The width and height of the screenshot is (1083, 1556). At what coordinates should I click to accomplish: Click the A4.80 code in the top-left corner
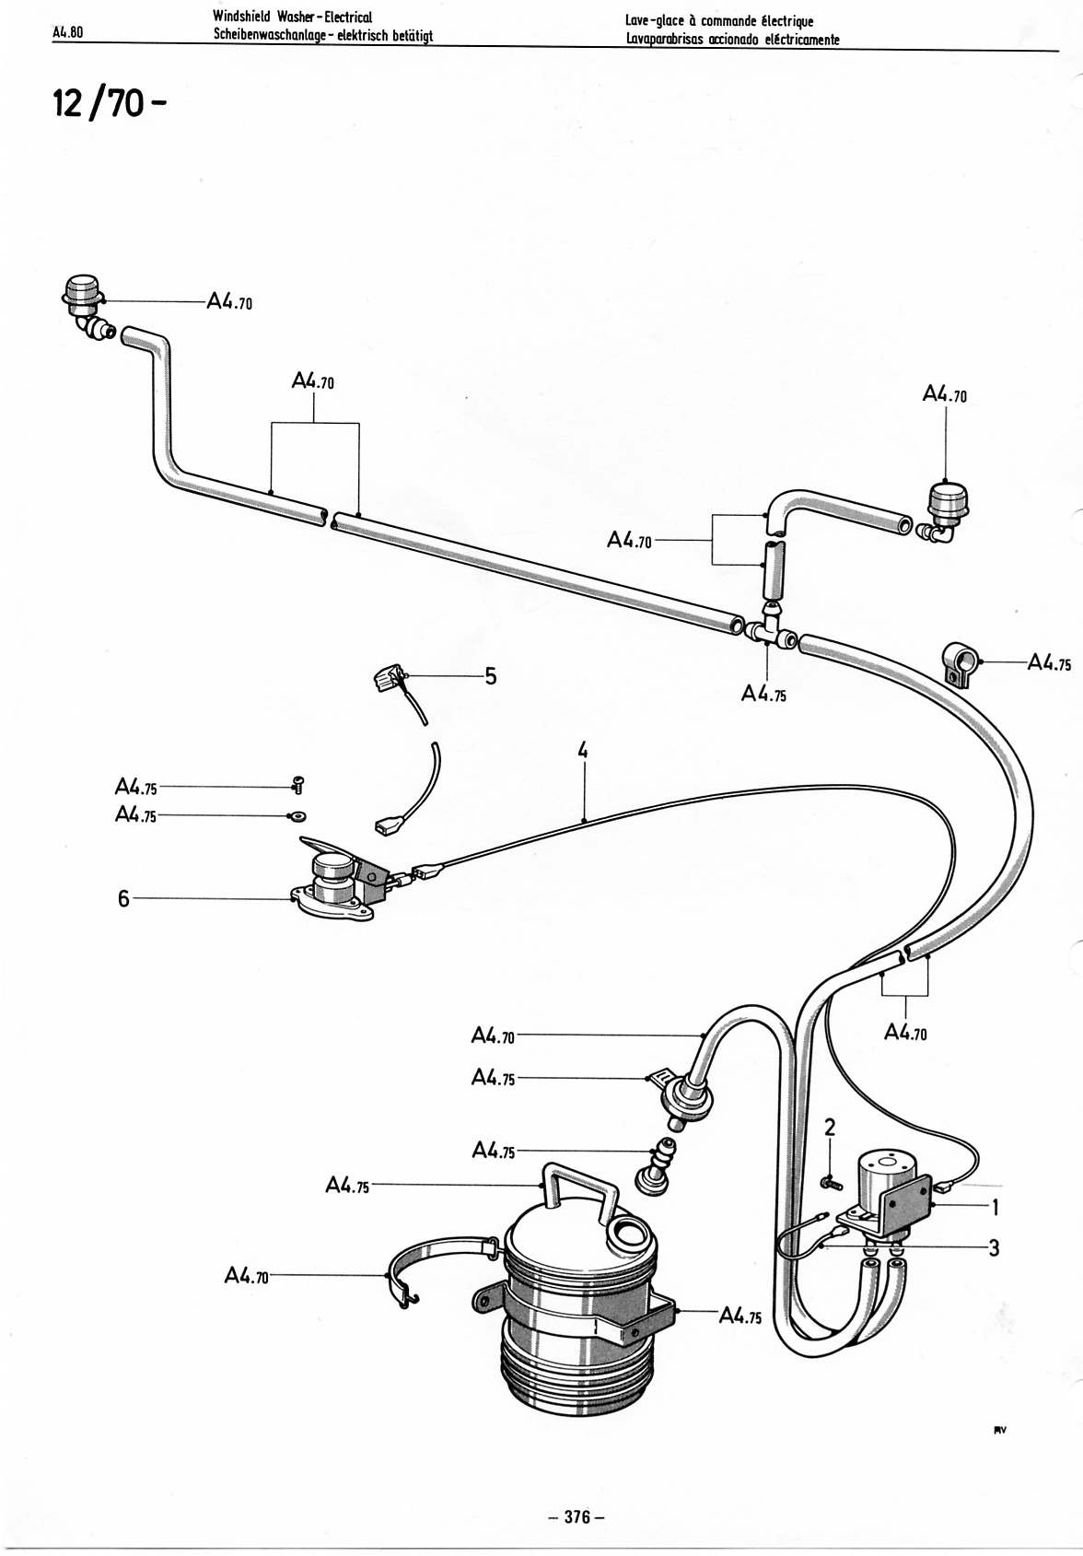pyautogui.click(x=68, y=32)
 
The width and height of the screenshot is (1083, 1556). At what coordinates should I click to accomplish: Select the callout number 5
pyautogui.click(x=491, y=676)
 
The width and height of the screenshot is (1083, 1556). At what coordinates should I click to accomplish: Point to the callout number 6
pyautogui.click(x=123, y=899)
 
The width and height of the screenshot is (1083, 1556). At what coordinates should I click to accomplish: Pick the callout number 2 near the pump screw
pyautogui.click(x=829, y=1128)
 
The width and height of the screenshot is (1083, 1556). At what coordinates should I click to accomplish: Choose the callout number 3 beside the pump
pyautogui.click(x=994, y=1248)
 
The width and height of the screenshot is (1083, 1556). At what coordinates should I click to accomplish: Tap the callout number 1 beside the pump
pyautogui.click(x=995, y=1209)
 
